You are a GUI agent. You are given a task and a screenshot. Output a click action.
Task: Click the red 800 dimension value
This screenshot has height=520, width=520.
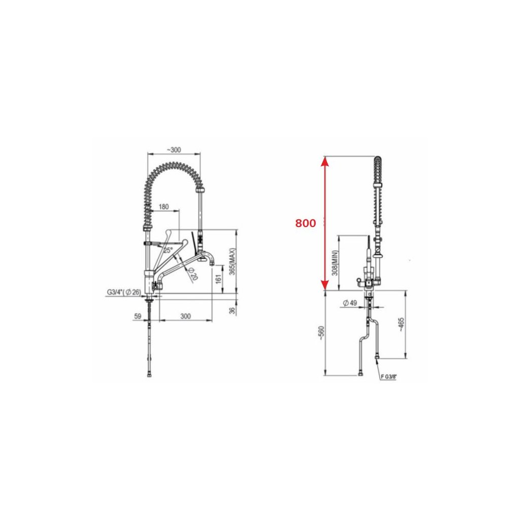coord(305,223)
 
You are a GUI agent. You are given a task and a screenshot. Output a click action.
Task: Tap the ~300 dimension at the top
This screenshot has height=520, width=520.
coord(174,150)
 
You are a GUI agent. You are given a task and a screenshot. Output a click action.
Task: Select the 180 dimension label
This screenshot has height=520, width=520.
coord(164,207)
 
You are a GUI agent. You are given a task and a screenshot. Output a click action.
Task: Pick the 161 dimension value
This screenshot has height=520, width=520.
coord(217,279)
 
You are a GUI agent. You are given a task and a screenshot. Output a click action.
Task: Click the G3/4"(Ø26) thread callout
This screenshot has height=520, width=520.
coord(124,292)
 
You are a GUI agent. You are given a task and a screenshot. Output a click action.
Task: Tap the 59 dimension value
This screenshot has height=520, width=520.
coord(138,316)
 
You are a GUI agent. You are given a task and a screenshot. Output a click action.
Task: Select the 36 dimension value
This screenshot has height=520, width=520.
coord(232,311)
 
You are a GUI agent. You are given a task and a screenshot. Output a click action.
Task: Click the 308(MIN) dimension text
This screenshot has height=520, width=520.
coord(335,263)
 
